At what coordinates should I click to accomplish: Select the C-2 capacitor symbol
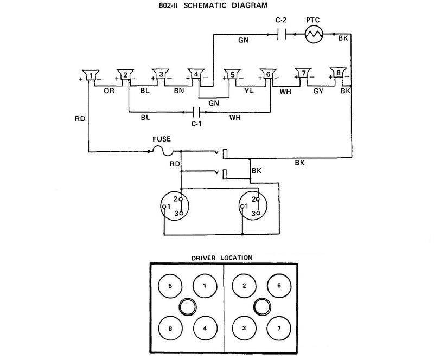coord(281,35)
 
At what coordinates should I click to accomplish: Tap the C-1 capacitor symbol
coord(198,112)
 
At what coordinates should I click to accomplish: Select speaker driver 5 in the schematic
coord(233,75)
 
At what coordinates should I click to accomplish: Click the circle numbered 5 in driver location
coord(170,285)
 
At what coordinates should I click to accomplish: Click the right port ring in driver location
coord(260,307)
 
